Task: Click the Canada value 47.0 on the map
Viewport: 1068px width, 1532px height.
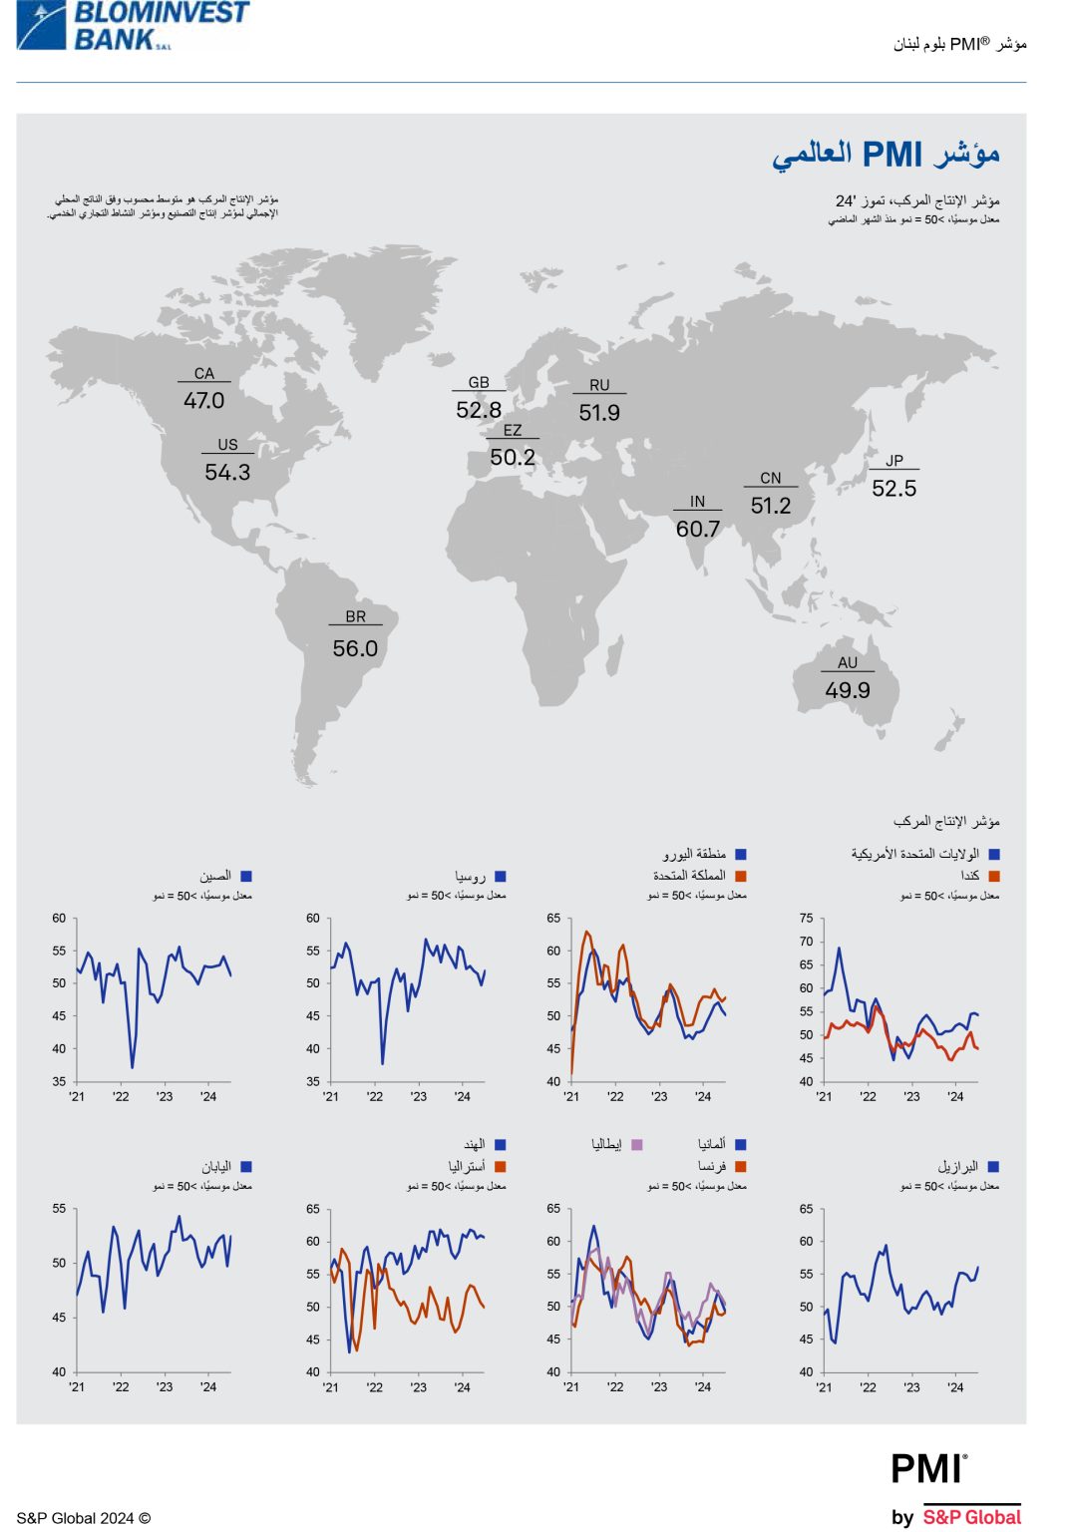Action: pos(203,400)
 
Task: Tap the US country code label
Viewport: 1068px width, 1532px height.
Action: pos(227,445)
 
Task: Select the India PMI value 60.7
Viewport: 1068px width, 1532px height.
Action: pos(697,529)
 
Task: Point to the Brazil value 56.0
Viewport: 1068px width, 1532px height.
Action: pos(355,648)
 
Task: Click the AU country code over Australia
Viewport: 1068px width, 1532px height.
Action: pos(848,662)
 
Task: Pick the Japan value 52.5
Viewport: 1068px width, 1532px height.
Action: pos(893,488)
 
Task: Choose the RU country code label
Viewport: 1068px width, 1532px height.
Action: pos(599,385)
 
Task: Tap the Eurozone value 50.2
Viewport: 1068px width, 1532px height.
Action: pos(513,457)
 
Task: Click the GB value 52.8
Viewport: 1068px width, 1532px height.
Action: pos(479,410)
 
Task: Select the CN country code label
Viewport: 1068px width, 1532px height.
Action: pos(771,478)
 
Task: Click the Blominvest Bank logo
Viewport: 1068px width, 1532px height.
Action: pos(133,26)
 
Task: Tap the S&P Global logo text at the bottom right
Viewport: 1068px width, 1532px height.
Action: pos(971,1517)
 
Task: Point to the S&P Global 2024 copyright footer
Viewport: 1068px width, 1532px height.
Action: pos(84,1518)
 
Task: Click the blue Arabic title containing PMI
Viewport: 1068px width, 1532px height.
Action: pos(886,156)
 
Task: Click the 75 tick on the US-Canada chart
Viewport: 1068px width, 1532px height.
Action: pos(806,918)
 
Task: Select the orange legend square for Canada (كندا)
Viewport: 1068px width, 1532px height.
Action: pos(993,876)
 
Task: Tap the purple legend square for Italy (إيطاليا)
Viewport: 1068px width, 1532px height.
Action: pos(637,1144)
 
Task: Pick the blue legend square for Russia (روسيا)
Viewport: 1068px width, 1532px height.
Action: pos(501,876)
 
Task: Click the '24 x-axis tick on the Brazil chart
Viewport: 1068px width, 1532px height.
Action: pos(955,1386)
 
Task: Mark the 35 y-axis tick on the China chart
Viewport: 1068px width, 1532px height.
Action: pos(59,1081)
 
